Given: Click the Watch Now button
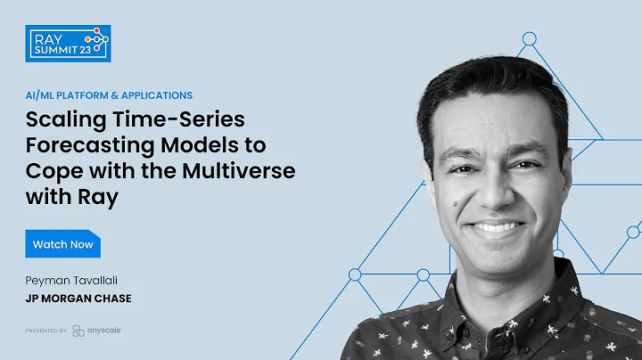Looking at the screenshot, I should [x=62, y=243].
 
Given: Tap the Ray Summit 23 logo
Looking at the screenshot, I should [x=68, y=43].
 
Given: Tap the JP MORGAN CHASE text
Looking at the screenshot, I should [x=79, y=299].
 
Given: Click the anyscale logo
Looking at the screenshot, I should [x=98, y=331].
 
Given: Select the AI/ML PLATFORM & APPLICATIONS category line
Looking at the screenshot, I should [x=109, y=95].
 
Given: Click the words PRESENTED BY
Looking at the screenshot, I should [x=46, y=331].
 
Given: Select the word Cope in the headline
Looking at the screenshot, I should [x=55, y=170].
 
